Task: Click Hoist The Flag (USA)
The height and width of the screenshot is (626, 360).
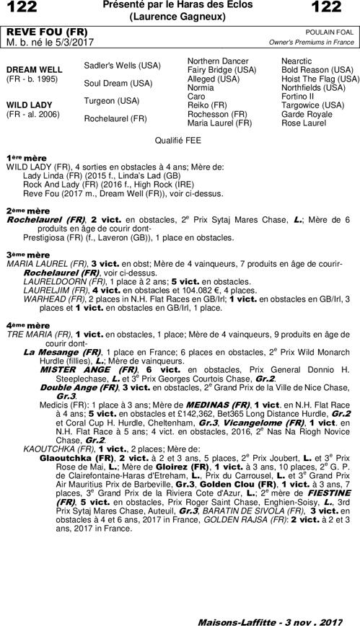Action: click(320, 80)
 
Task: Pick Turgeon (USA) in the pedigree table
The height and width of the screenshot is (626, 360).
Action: click(112, 100)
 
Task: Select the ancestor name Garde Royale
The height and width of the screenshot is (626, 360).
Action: click(303, 114)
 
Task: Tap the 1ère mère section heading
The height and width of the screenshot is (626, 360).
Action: click(21, 157)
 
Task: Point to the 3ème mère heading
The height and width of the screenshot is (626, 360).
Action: click(28, 255)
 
